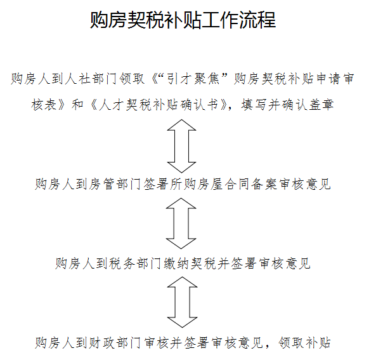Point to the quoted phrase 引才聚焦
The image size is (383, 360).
coord(193,79)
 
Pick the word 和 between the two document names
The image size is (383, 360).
coord(77,105)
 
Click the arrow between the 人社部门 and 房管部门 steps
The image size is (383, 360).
coord(181,146)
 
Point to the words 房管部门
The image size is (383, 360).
coord(115,184)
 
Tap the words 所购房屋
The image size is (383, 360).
coord(196,184)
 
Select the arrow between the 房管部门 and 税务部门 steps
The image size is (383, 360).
coord(181,223)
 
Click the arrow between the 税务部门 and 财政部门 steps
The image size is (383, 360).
coord(182,302)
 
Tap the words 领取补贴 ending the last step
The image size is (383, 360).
coord(304,343)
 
